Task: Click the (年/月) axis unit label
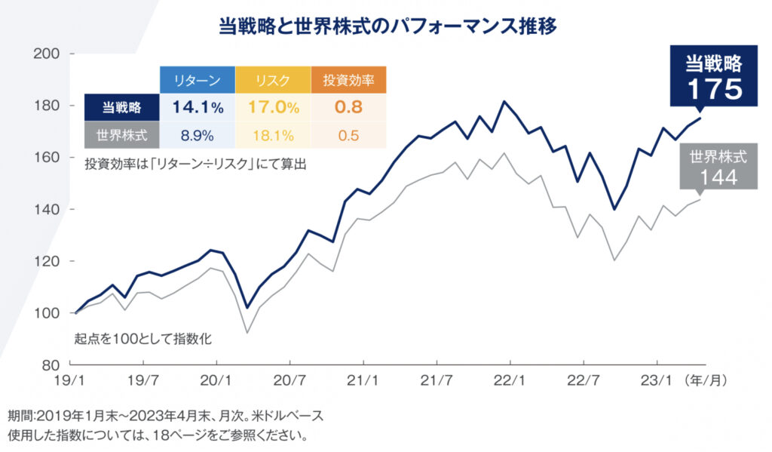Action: click(x=707, y=380)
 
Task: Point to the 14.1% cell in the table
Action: click(x=198, y=107)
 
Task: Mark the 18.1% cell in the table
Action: click(x=272, y=136)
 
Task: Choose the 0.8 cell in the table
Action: click(x=348, y=107)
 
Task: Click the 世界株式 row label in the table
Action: click(x=121, y=136)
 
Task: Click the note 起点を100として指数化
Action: click(x=142, y=338)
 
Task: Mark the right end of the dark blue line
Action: click(x=701, y=118)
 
